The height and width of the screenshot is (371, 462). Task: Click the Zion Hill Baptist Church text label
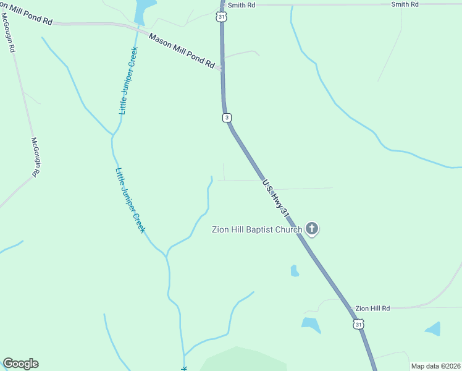click(x=256, y=230)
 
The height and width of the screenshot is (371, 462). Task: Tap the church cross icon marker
click(x=313, y=229)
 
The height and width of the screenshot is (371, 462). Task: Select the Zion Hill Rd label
click(x=372, y=308)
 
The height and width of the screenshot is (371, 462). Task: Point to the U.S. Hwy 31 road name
click(x=275, y=198)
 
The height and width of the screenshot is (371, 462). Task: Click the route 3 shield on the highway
click(x=227, y=117)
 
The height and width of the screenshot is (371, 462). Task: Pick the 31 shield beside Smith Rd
click(x=221, y=17)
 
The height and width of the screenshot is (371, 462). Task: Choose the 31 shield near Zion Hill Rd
click(x=358, y=323)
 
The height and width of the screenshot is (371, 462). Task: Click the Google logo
click(x=20, y=364)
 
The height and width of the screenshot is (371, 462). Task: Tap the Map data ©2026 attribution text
click(x=435, y=366)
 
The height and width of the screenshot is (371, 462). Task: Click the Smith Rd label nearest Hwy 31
click(x=241, y=5)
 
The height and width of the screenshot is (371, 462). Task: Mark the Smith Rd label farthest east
click(x=405, y=4)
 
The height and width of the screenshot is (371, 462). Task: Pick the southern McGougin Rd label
click(x=35, y=157)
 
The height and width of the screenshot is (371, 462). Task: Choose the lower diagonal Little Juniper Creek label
click(x=130, y=200)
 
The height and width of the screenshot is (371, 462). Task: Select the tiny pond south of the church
click(x=295, y=270)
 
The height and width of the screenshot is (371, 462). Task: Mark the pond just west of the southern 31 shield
click(x=311, y=324)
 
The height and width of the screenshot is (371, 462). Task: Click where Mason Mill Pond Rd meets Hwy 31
click(x=221, y=69)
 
